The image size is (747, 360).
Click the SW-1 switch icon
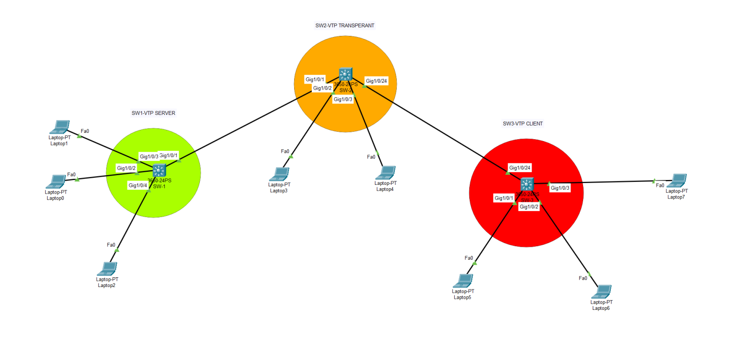coord(159,170)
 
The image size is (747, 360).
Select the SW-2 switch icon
coord(345,74)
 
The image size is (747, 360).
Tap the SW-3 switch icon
coord(527,185)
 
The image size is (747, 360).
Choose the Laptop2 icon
coord(107,269)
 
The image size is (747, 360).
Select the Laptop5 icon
coord(462,281)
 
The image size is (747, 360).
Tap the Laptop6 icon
coord(601,292)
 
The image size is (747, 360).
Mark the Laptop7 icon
coord(676,180)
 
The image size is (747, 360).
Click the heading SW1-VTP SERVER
coord(153,113)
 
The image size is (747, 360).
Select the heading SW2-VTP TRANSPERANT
coord(345,25)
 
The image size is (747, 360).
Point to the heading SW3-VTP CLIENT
coord(523,124)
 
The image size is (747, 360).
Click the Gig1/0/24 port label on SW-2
coord(376,81)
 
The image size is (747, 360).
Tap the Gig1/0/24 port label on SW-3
coord(519,168)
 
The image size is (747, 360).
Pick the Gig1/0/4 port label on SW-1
coord(138,185)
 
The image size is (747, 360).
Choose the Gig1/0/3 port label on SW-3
coord(560,188)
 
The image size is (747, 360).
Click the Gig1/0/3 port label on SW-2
coord(343,99)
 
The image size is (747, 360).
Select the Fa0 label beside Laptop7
coord(660,185)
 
